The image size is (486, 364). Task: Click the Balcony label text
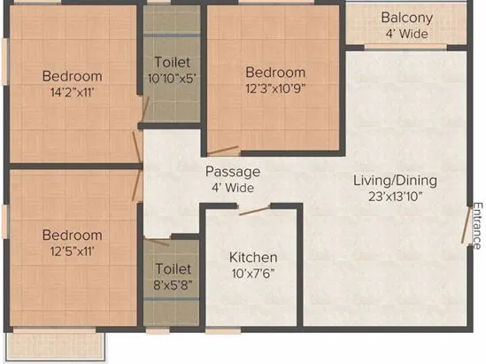click(406, 18)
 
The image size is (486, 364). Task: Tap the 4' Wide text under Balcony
click(406, 34)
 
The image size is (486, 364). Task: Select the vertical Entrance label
click(476, 226)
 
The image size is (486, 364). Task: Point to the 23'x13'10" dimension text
click(395, 197)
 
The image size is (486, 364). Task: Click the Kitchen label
click(253, 257)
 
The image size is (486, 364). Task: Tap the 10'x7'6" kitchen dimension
click(253, 274)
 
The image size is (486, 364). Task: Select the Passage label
click(232, 172)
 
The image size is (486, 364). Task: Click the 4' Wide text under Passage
click(232, 188)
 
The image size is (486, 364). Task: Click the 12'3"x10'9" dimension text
click(275, 89)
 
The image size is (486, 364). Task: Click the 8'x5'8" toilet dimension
click(172, 284)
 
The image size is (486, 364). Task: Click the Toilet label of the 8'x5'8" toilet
click(172, 268)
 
